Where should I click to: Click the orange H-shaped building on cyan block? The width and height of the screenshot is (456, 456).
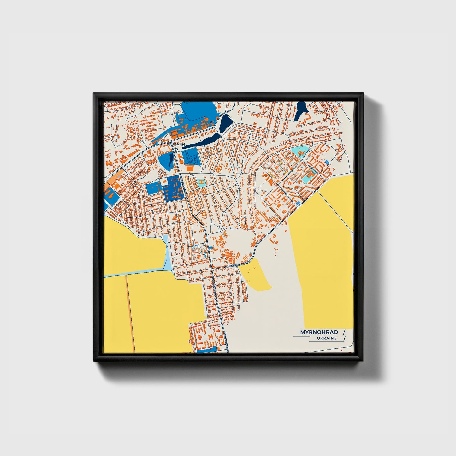[x=201, y=182]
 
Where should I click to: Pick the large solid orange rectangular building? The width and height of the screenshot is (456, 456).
[x=190, y=168]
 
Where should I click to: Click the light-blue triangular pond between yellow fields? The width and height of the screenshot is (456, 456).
[x=166, y=252]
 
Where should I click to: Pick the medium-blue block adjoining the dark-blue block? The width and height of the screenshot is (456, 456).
[x=154, y=189]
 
